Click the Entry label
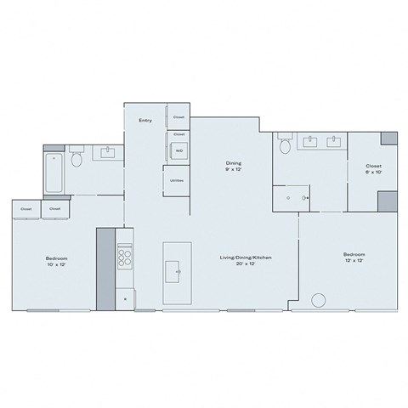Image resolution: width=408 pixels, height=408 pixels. tap(145, 121)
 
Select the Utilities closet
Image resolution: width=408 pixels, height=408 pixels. tap(177, 181)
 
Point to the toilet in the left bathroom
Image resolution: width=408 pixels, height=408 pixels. tap(77, 159)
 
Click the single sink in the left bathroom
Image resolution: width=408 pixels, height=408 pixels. tap(109, 153)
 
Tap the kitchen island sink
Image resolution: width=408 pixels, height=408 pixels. tap(178, 272)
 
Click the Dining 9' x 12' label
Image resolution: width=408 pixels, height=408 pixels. tap(233, 165)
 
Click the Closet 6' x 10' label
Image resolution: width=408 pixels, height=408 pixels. tap(373, 169)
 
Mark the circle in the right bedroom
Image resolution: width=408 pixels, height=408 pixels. tap(320, 300)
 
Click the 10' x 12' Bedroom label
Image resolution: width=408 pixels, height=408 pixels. tap(56, 261)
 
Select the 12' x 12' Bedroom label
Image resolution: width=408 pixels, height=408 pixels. tap(354, 258)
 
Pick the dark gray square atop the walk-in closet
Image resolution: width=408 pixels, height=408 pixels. tap(388, 138)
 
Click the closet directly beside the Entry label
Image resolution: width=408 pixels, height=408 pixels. tap(178, 117)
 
